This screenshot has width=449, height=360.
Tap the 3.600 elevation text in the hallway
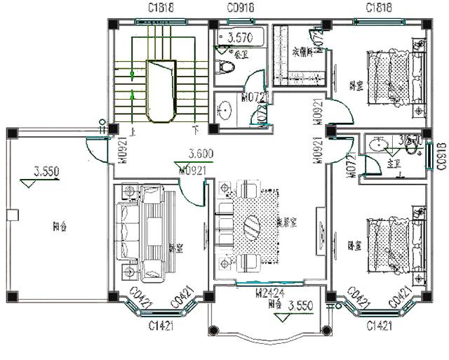point(201,154)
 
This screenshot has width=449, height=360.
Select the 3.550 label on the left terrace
point(46,171)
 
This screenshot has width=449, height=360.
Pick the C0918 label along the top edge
point(241,8)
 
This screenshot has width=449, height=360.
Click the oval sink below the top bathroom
point(226,110)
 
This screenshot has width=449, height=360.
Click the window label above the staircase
point(161,8)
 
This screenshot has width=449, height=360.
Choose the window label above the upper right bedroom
point(380,8)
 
